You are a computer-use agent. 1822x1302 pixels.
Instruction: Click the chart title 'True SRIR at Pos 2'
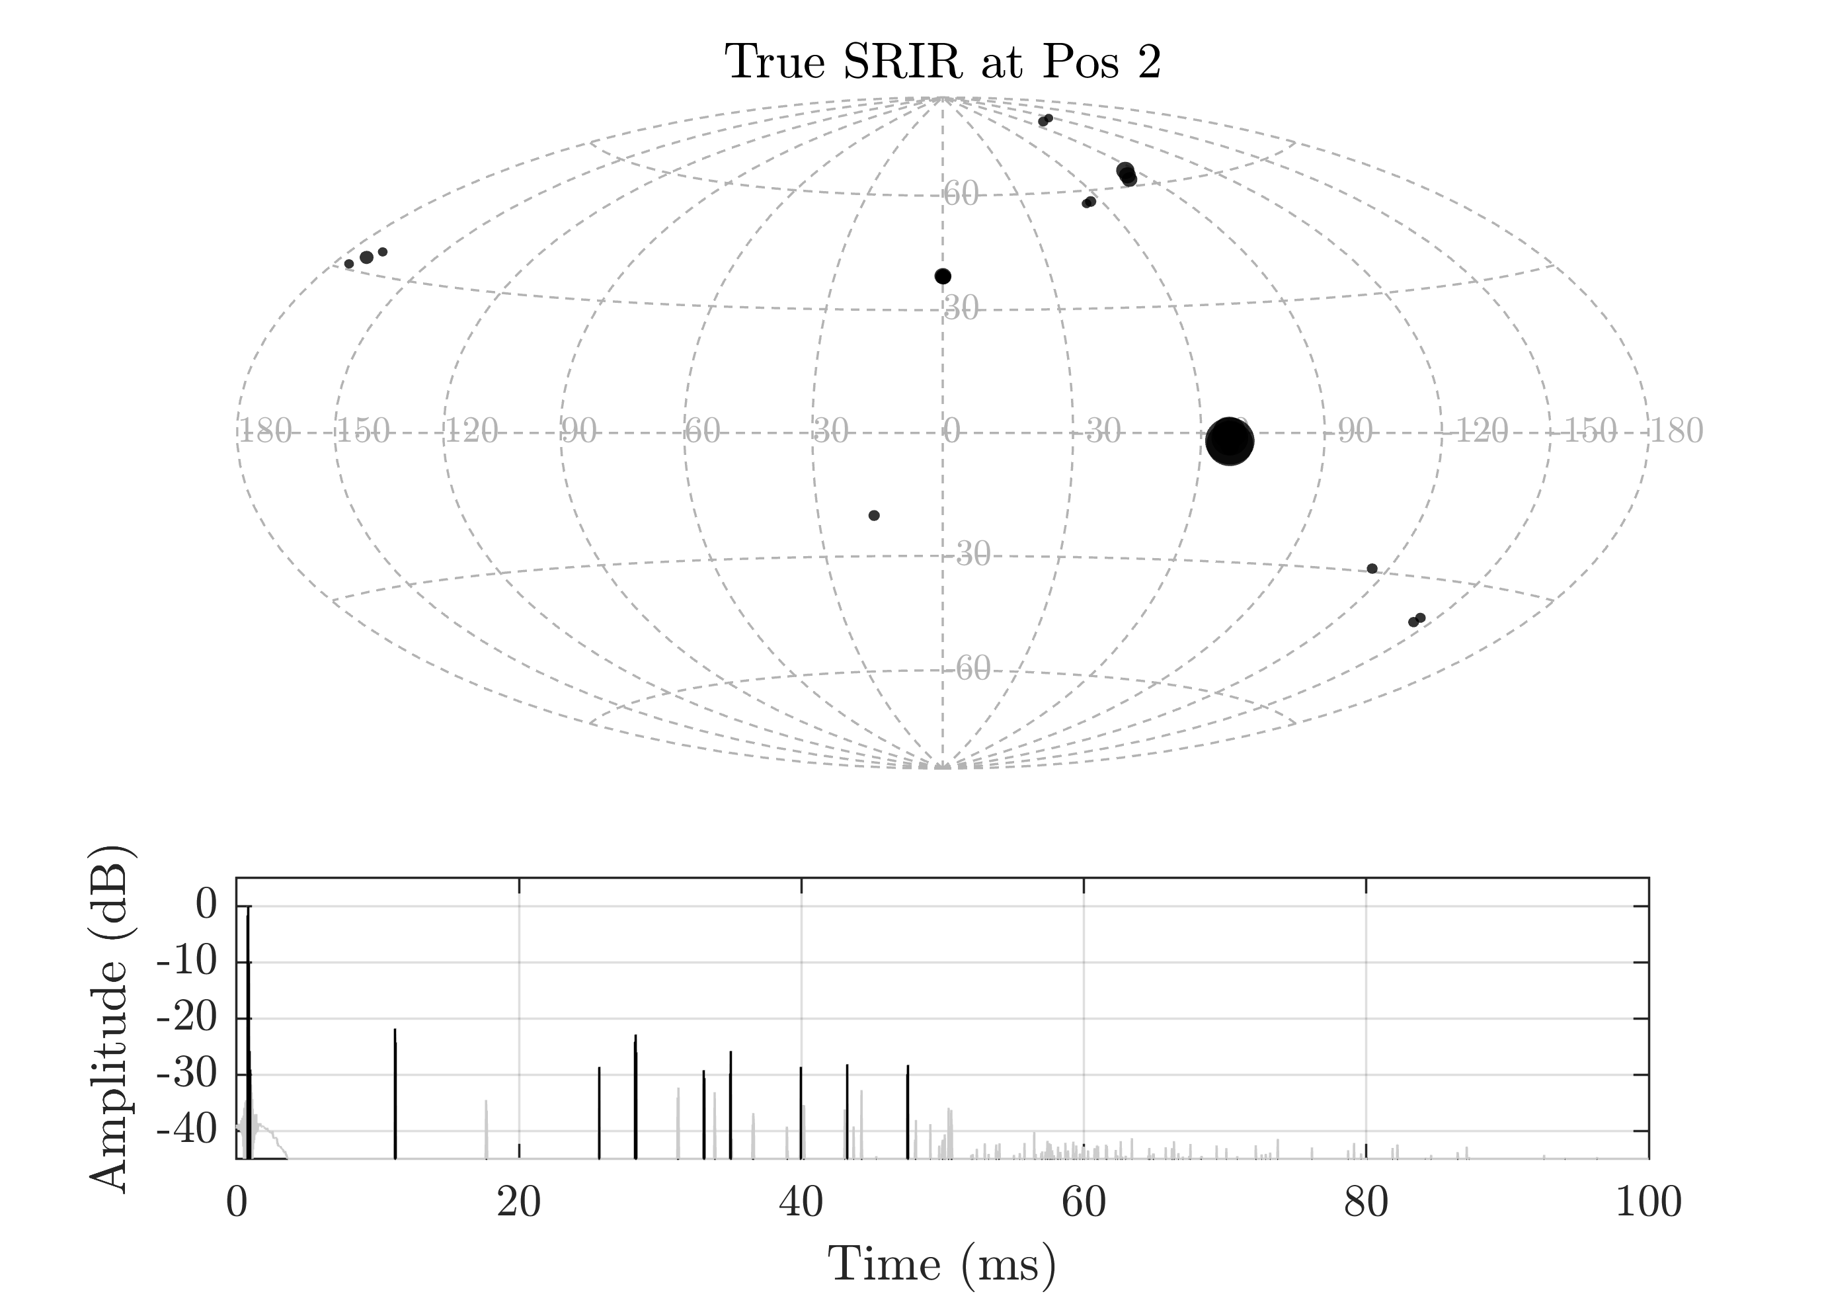click(943, 61)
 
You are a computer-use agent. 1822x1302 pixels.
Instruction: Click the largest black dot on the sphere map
click(1229, 441)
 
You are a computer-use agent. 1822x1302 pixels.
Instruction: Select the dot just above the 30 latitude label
click(943, 276)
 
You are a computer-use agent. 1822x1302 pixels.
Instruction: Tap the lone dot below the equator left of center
click(874, 516)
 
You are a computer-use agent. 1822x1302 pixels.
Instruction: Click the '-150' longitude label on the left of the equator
click(362, 431)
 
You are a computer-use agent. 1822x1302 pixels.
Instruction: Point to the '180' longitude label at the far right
click(1675, 431)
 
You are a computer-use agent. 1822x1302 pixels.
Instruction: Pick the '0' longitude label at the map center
click(951, 431)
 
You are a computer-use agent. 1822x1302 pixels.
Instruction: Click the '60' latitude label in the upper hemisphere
click(961, 193)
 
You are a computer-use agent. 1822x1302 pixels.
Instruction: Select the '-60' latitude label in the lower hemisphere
click(972, 668)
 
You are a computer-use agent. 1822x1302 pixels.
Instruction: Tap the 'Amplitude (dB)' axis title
click(108, 1018)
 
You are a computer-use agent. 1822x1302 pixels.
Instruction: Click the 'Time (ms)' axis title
click(942, 1264)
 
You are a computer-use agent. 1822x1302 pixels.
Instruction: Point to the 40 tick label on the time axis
click(801, 1203)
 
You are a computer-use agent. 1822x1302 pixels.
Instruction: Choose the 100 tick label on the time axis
click(1648, 1203)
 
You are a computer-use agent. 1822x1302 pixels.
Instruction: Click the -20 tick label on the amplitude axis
click(186, 1019)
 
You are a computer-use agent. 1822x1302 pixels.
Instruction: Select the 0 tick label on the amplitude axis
click(206, 906)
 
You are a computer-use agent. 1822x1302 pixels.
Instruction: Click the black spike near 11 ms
click(395, 1094)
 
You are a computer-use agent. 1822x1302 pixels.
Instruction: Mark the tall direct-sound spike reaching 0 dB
click(249, 1034)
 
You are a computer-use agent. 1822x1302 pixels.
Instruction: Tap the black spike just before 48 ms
click(908, 1112)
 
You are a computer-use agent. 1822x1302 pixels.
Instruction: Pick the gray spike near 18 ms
click(486, 1131)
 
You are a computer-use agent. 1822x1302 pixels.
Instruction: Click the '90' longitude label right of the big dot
click(1355, 431)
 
